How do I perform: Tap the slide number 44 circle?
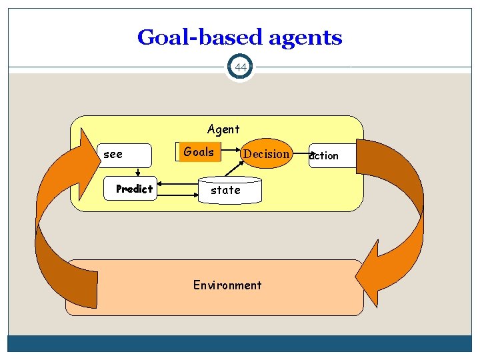[x=240, y=67]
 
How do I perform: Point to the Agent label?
[x=223, y=129]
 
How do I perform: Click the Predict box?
[x=134, y=189]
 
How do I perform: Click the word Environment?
[x=227, y=285]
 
